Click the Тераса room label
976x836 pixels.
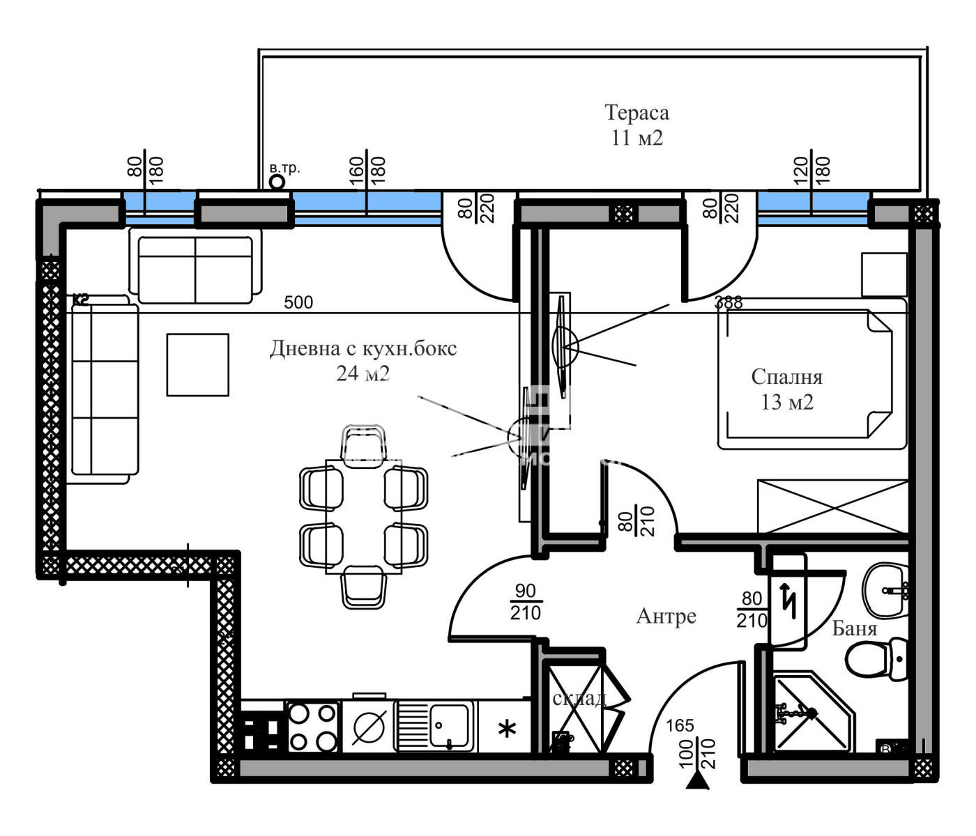click(636, 113)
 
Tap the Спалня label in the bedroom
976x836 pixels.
click(786, 377)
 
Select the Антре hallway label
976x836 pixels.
click(666, 616)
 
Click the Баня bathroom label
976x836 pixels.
click(855, 628)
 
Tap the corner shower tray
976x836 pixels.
click(812, 712)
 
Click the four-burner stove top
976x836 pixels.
click(312, 727)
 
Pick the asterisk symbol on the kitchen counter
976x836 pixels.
click(507, 729)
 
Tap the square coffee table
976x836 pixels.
click(197, 364)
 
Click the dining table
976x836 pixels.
click(363, 516)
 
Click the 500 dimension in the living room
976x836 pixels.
click(298, 302)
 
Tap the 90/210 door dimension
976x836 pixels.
click(525, 602)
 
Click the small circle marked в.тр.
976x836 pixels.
click(277, 182)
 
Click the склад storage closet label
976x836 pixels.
click(579, 698)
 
